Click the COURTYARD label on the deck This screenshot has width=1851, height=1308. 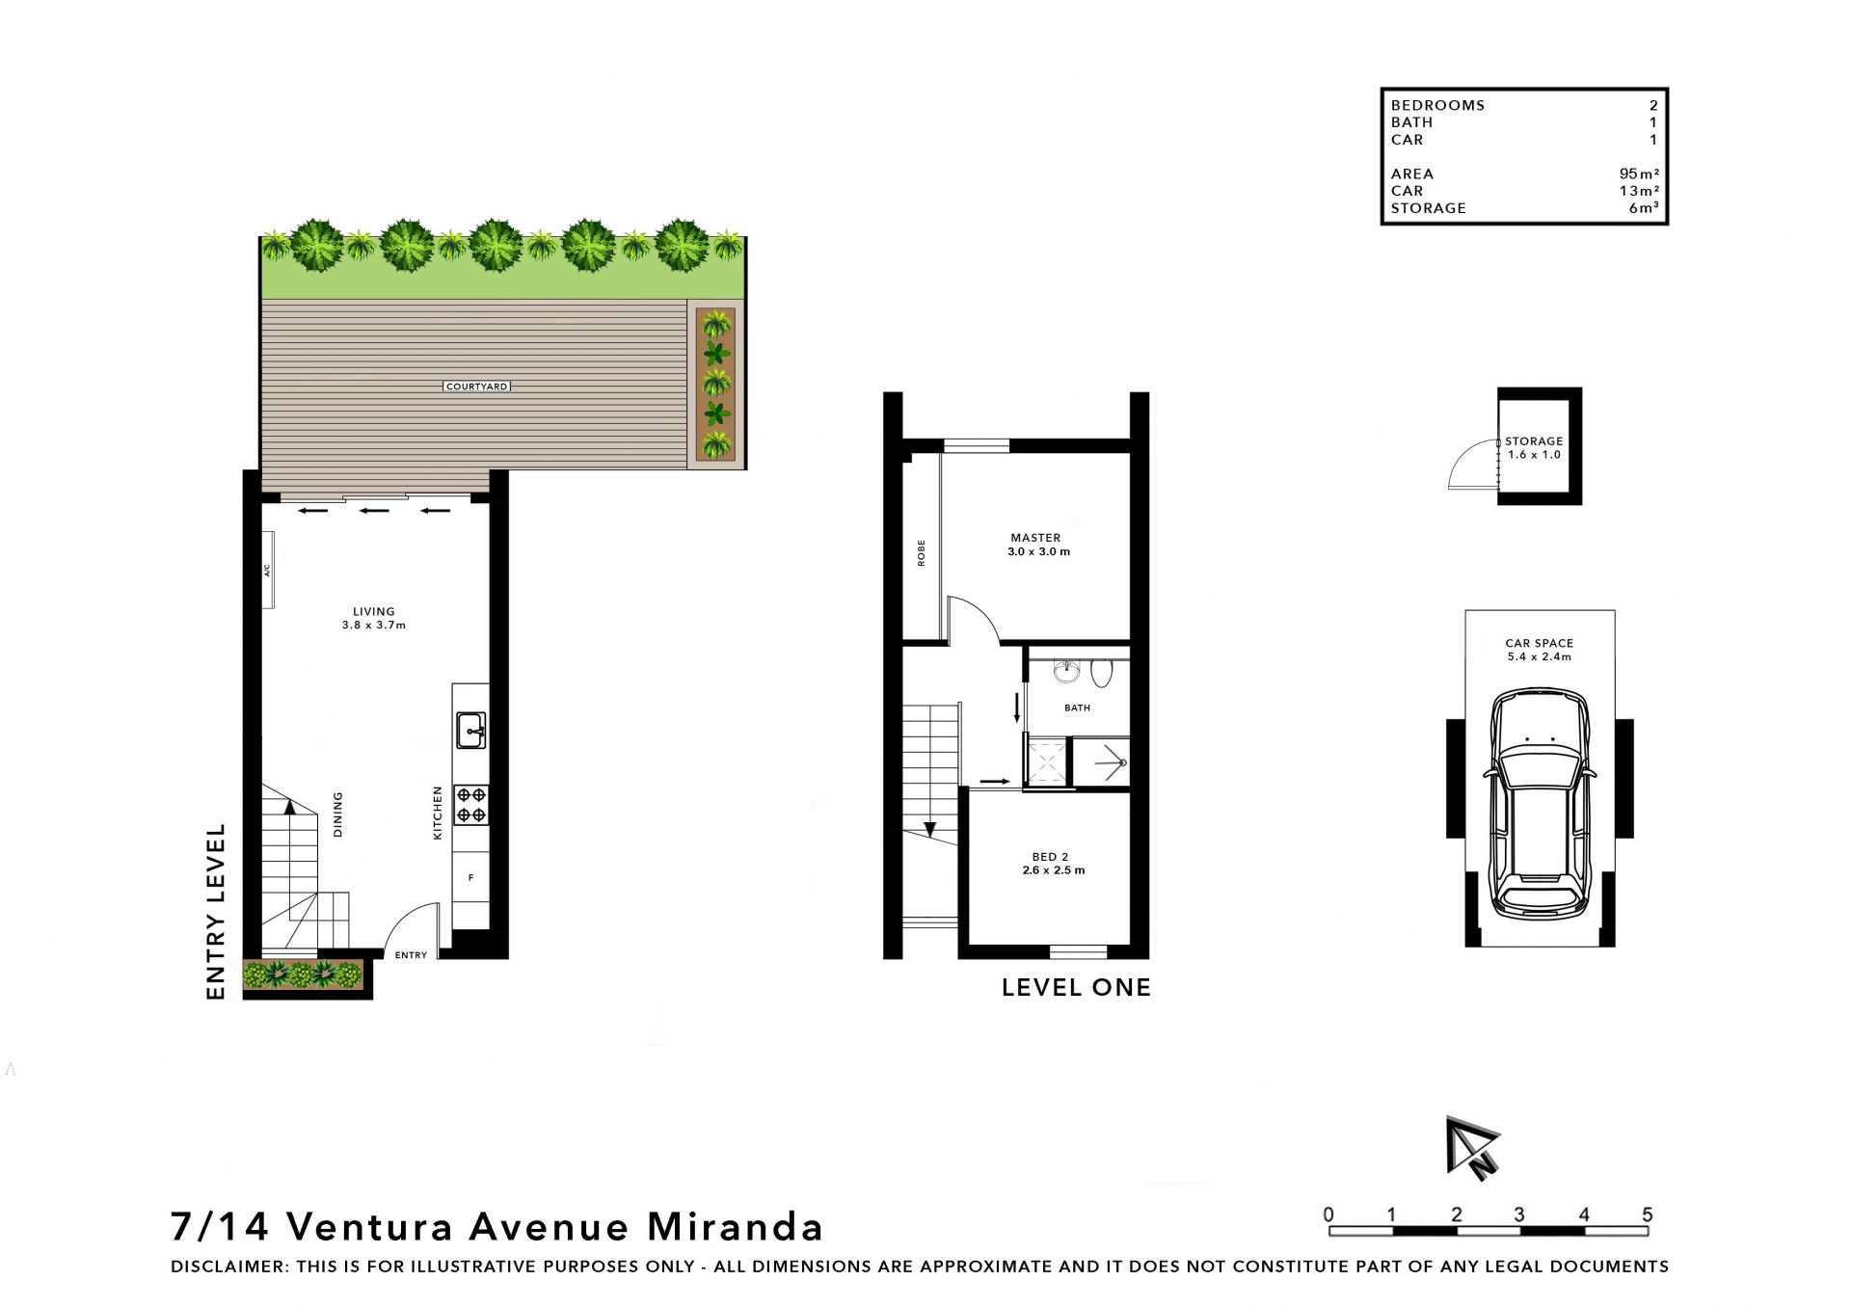pos(477,387)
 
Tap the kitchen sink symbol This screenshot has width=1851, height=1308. pos(470,731)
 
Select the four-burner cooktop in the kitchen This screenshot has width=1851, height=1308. pos(471,805)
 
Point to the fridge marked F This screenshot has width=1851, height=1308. pos(470,878)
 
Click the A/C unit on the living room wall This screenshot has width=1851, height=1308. pos(267,571)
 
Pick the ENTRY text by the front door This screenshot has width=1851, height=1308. pos(411,955)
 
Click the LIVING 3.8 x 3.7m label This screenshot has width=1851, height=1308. pos(374,618)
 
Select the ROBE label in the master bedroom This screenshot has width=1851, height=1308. pos(922,552)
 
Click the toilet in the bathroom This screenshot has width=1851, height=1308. pos(1101,673)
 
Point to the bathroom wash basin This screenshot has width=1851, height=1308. pos(1065,671)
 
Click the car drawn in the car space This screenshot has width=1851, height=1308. pos(1540,803)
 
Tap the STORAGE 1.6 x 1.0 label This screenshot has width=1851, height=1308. pos(1534,448)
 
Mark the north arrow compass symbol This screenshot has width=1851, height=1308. pos(1471,1148)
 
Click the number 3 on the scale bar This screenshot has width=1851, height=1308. pos(1518,1215)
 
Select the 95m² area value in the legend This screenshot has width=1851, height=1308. pos(1639,174)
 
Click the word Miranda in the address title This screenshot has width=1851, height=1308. pos(735,1227)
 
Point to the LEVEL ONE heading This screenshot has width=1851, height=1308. pos(1076,987)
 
